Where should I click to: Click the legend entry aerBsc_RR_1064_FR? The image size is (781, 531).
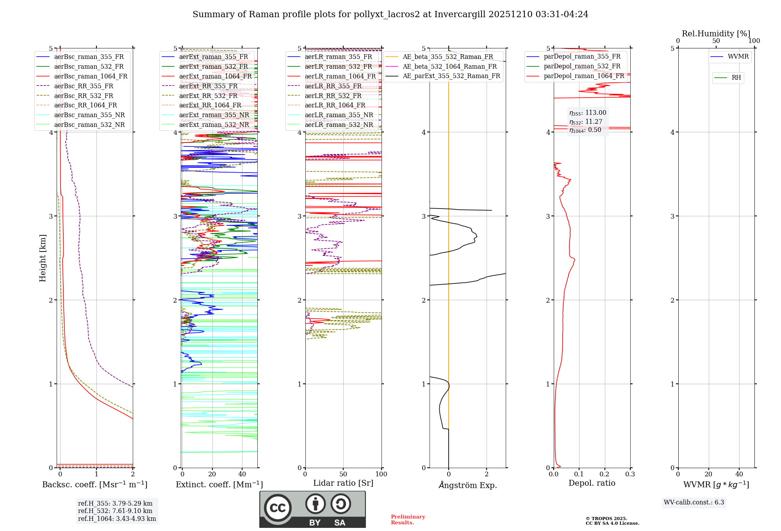[85, 105]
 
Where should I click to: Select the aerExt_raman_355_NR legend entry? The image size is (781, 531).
[214, 115]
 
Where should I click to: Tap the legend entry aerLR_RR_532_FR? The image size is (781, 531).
[333, 96]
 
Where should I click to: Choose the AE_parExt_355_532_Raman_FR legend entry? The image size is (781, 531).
[451, 76]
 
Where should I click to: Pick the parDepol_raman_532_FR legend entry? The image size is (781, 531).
[582, 66]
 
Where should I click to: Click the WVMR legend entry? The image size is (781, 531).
[738, 57]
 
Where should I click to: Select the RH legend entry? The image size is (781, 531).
[736, 78]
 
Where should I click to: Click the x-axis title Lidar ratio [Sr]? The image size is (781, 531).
[343, 483]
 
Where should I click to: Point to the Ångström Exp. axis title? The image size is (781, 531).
[467, 485]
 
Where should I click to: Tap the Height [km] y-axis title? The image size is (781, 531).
[43, 258]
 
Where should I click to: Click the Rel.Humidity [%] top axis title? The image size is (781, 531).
[716, 34]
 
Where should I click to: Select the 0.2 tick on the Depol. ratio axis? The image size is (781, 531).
[604, 474]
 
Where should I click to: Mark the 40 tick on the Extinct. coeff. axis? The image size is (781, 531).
[242, 474]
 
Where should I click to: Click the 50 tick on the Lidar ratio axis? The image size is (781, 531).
[343, 474]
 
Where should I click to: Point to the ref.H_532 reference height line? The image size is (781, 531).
[115, 511]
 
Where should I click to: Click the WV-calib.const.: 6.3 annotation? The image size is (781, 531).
[694, 502]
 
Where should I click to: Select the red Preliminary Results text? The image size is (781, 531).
[408, 520]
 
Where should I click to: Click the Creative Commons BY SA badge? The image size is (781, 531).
[312, 510]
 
